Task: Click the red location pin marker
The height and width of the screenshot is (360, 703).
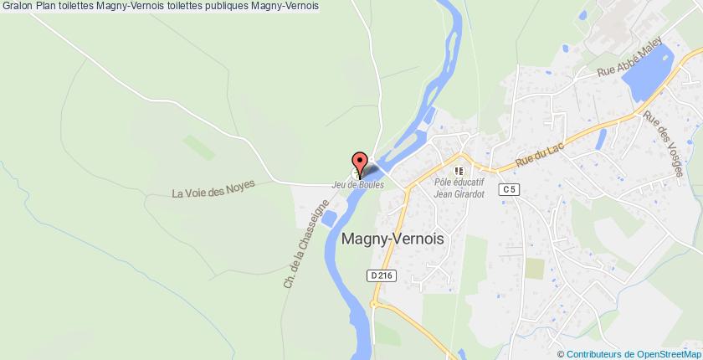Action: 360,162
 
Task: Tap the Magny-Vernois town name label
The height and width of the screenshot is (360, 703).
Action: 393,238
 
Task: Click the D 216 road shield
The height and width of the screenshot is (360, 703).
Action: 379,275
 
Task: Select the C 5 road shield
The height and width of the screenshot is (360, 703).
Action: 507,190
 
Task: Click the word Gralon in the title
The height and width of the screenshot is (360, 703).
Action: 17,6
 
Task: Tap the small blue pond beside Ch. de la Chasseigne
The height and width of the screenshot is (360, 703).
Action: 329,218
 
